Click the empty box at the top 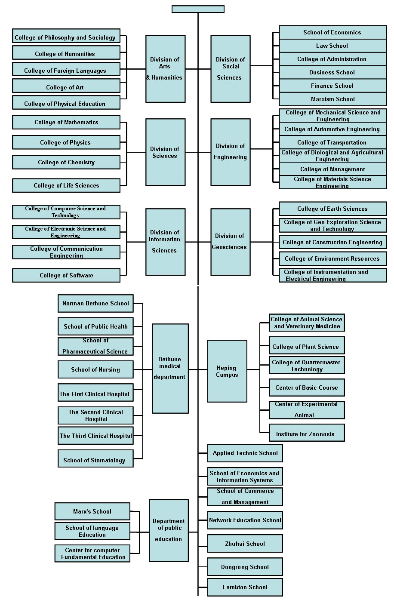(198, 9)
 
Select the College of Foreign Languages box (66, 70)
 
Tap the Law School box (332, 46)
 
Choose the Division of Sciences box (165, 152)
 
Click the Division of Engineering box (230, 152)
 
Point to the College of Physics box (66, 142)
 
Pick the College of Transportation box (332, 142)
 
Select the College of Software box (66, 275)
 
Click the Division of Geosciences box (230, 242)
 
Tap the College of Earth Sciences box (332, 209)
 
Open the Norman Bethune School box (95, 303)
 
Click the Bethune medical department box (170, 368)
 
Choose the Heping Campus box (227, 371)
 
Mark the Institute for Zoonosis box (306, 433)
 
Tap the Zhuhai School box (245, 544)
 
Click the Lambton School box (245, 587)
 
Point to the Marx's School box (92, 511)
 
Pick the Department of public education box (169, 530)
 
